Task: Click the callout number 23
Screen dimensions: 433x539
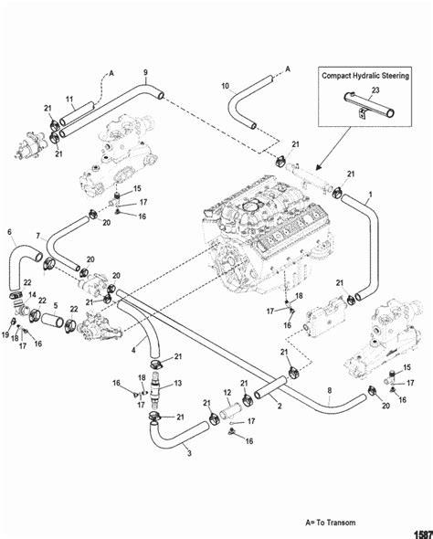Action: (x=375, y=90)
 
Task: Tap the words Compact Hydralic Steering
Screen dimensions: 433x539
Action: (x=365, y=76)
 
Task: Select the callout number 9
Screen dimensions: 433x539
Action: (x=145, y=72)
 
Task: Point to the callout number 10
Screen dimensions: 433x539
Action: (x=225, y=86)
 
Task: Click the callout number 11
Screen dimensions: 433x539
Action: (x=69, y=100)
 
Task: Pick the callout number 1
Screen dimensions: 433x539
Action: (x=371, y=195)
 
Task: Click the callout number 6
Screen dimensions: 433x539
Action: (x=9, y=232)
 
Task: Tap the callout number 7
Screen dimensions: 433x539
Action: (x=38, y=236)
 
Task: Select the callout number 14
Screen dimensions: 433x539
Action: (x=32, y=294)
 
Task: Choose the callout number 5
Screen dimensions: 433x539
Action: (x=56, y=306)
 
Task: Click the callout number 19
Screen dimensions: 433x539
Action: (x=5, y=334)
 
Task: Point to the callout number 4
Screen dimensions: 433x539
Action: (x=133, y=350)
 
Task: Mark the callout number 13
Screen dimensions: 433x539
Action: (x=177, y=383)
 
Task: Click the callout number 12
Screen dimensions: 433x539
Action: (x=227, y=393)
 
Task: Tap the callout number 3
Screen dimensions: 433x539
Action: (x=189, y=453)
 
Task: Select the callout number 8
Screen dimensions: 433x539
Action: (x=330, y=390)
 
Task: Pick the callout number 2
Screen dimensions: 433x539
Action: (x=280, y=406)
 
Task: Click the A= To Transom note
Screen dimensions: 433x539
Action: (x=331, y=523)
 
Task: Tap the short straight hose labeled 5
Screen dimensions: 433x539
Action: (x=52, y=320)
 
